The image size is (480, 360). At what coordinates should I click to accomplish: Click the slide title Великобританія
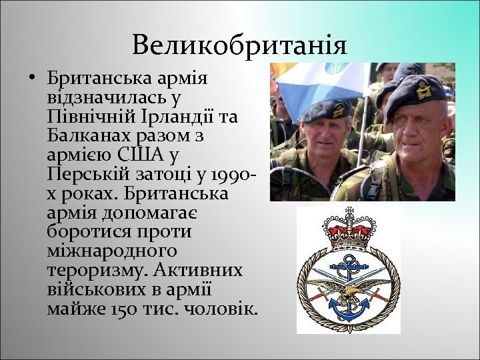(239, 45)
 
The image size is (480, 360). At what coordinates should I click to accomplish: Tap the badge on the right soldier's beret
(423, 89)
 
